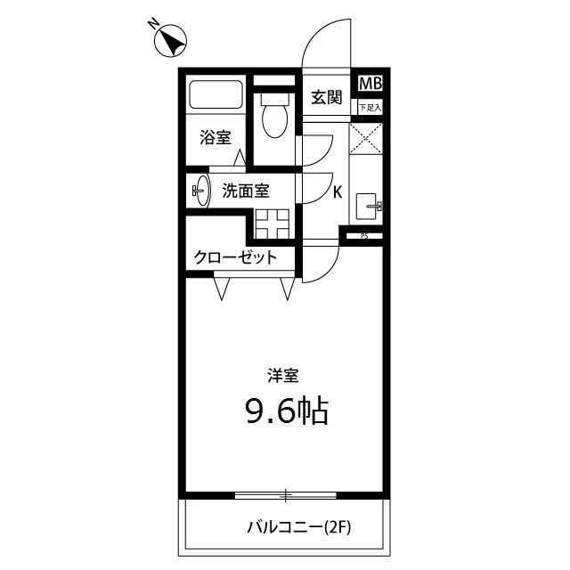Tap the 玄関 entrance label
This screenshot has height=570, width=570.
[x=327, y=97]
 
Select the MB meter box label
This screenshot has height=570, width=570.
[x=370, y=85]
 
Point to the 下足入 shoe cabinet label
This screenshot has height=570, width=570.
[x=370, y=108]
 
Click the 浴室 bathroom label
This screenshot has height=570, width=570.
[x=215, y=138]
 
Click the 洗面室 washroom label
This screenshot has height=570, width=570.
[x=246, y=191]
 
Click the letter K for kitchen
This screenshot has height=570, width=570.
[x=338, y=191]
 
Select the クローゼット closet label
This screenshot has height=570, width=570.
[x=235, y=257]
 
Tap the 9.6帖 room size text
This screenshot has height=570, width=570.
[x=286, y=410]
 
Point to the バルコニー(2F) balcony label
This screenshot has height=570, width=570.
[x=299, y=527]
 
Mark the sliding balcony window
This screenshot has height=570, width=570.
[x=286, y=494]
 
